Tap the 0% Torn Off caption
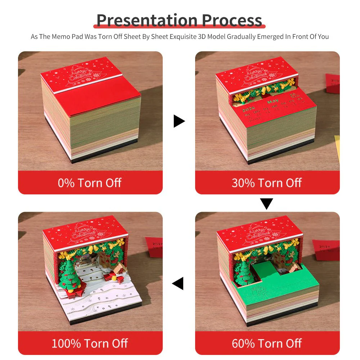click(x=90, y=183)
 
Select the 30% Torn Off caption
click(x=267, y=183)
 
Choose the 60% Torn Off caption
click(x=267, y=343)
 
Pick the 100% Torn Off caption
click(x=90, y=343)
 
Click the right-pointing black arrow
click(x=179, y=121)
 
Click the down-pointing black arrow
click(x=266, y=204)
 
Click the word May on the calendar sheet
click(x=273, y=102)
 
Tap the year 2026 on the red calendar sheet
click(x=249, y=108)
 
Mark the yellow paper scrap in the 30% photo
click(x=337, y=148)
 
